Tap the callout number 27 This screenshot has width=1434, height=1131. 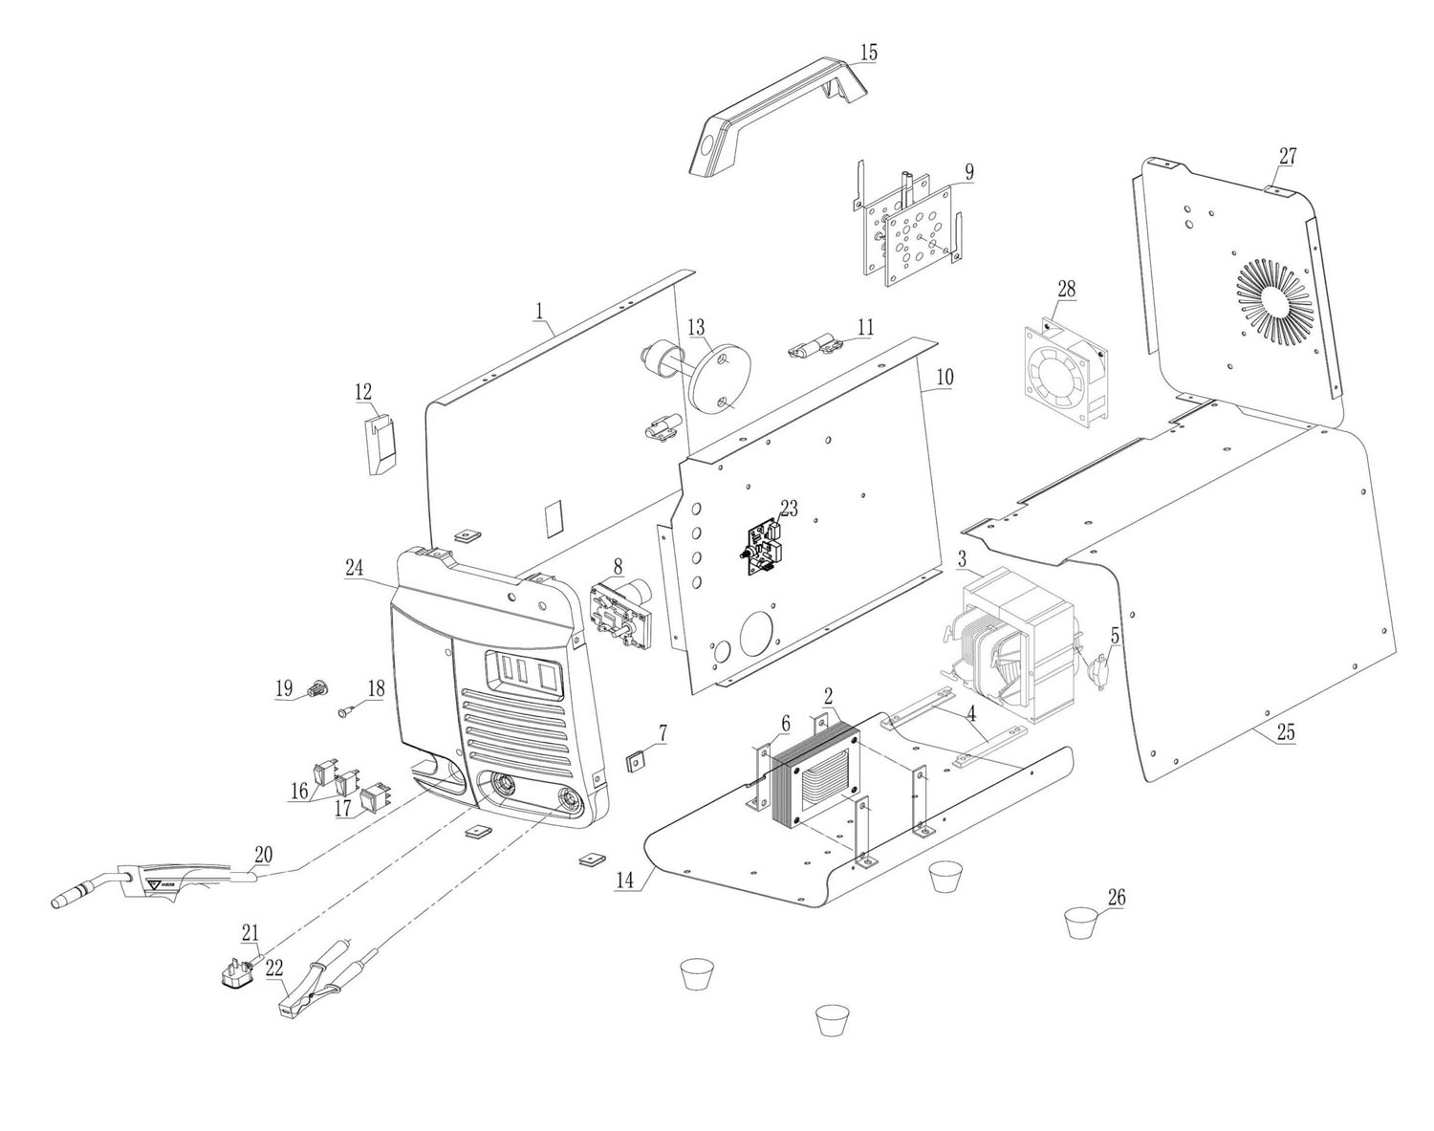(x=1288, y=157)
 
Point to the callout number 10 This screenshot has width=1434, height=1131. (x=944, y=377)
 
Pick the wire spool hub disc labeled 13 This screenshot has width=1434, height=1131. (x=717, y=376)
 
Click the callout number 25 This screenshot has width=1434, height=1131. (x=1286, y=733)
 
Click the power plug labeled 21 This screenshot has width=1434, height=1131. (x=234, y=974)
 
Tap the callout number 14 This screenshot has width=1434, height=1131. (x=624, y=881)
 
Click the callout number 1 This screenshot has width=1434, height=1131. (x=539, y=311)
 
